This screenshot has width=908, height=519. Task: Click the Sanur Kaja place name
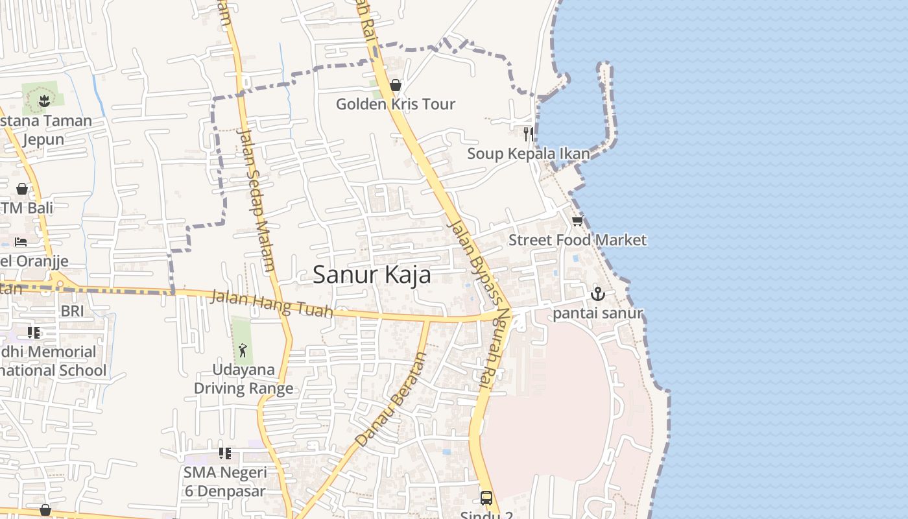[372, 275]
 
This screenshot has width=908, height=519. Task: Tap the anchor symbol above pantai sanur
[597, 294]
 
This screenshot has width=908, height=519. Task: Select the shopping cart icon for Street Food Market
[577, 221]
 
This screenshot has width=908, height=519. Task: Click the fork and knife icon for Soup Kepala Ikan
[529, 134]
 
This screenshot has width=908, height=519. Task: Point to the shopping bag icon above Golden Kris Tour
[395, 85]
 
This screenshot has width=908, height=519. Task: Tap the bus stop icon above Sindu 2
[486, 498]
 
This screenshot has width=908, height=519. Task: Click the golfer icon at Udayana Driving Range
[243, 351]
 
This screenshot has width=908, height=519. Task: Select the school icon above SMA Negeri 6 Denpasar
[224, 453]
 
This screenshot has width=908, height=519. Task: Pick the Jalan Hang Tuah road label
[272, 304]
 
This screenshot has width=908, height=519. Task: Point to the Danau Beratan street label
[390, 400]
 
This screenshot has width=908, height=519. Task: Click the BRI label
[72, 311]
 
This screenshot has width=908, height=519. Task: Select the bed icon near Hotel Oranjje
[21, 242]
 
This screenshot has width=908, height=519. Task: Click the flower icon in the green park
[43, 101]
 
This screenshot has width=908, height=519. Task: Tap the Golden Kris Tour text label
[395, 104]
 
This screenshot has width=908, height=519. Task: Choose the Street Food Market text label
[577, 240]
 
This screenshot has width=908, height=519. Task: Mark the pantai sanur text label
[597, 313]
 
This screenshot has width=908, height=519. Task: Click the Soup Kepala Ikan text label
[529, 154]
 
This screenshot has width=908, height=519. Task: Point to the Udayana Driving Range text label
[243, 379]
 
